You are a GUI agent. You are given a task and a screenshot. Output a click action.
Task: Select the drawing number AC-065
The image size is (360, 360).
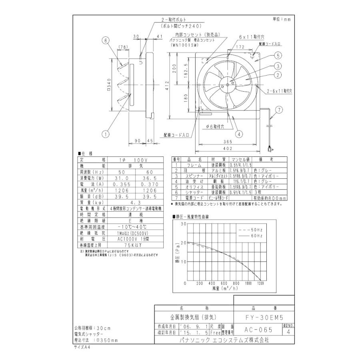pyautogui.click(x=258, y=330)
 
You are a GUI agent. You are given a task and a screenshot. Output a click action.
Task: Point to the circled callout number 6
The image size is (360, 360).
pyautogui.click(x=106, y=40)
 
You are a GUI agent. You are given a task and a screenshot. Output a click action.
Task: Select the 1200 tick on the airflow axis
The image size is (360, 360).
pyautogui.click(x=260, y=283)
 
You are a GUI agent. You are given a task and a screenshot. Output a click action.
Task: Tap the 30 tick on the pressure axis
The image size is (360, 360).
pyautogui.click(x=184, y=224)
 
